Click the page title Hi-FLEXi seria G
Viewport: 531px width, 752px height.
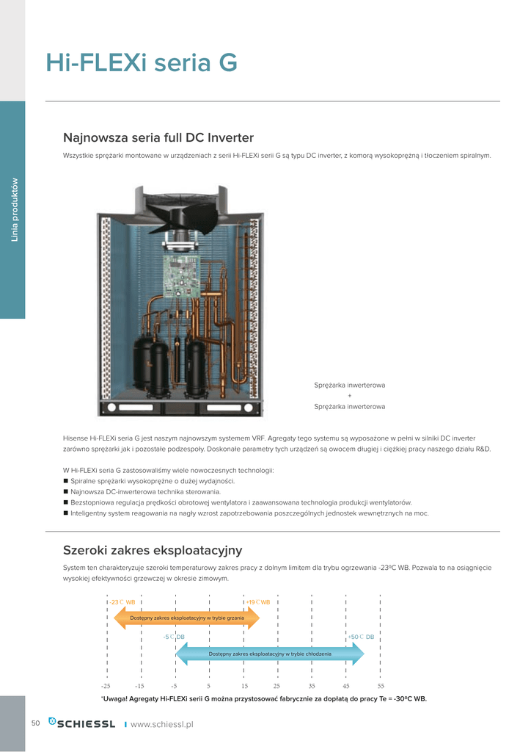coord(142,62)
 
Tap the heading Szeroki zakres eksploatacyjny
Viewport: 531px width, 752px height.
coord(153,550)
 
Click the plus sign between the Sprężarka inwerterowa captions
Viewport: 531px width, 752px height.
coord(349,396)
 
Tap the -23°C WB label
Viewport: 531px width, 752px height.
coord(122,602)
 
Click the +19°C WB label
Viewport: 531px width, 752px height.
coord(258,602)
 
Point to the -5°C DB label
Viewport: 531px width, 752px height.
coord(174,637)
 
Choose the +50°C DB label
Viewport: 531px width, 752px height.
coord(361,637)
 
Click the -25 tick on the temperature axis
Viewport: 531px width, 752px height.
coord(106,685)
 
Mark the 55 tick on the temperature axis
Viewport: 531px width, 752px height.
coord(381,685)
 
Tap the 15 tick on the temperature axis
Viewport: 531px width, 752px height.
coord(244,685)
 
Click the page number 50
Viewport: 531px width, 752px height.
coord(35,723)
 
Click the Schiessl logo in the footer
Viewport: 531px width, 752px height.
coord(81,724)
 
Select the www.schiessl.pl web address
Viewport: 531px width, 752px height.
coord(161,724)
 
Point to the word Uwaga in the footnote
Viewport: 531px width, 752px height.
coord(114,699)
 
